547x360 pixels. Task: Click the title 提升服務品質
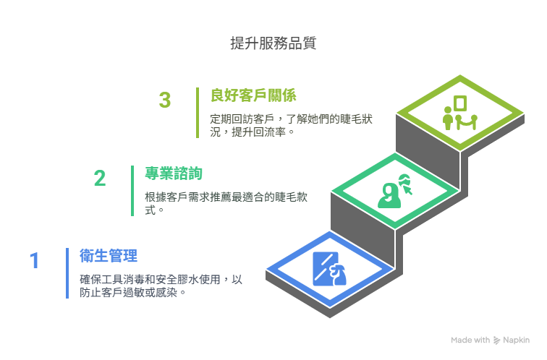[273, 43]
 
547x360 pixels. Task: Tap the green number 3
[165, 100]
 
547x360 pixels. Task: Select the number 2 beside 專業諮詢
[100, 178]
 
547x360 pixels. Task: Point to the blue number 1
[34, 261]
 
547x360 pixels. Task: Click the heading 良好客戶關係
[254, 95]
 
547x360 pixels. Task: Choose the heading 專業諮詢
[174, 173]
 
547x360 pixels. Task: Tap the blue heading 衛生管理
[109, 256]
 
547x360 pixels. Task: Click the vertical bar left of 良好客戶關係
[198, 113]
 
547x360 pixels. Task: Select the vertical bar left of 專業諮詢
[132, 191]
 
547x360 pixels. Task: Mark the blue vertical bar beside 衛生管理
[67, 273]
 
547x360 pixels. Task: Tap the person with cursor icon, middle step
[395, 191]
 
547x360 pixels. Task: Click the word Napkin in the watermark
[517, 340]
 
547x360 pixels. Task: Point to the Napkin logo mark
[497, 340]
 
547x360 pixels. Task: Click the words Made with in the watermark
[470, 340]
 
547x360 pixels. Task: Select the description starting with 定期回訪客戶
[292, 126]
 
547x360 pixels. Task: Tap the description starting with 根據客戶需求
[226, 204]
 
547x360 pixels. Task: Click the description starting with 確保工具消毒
[161, 286]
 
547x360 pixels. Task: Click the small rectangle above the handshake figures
[460, 103]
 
